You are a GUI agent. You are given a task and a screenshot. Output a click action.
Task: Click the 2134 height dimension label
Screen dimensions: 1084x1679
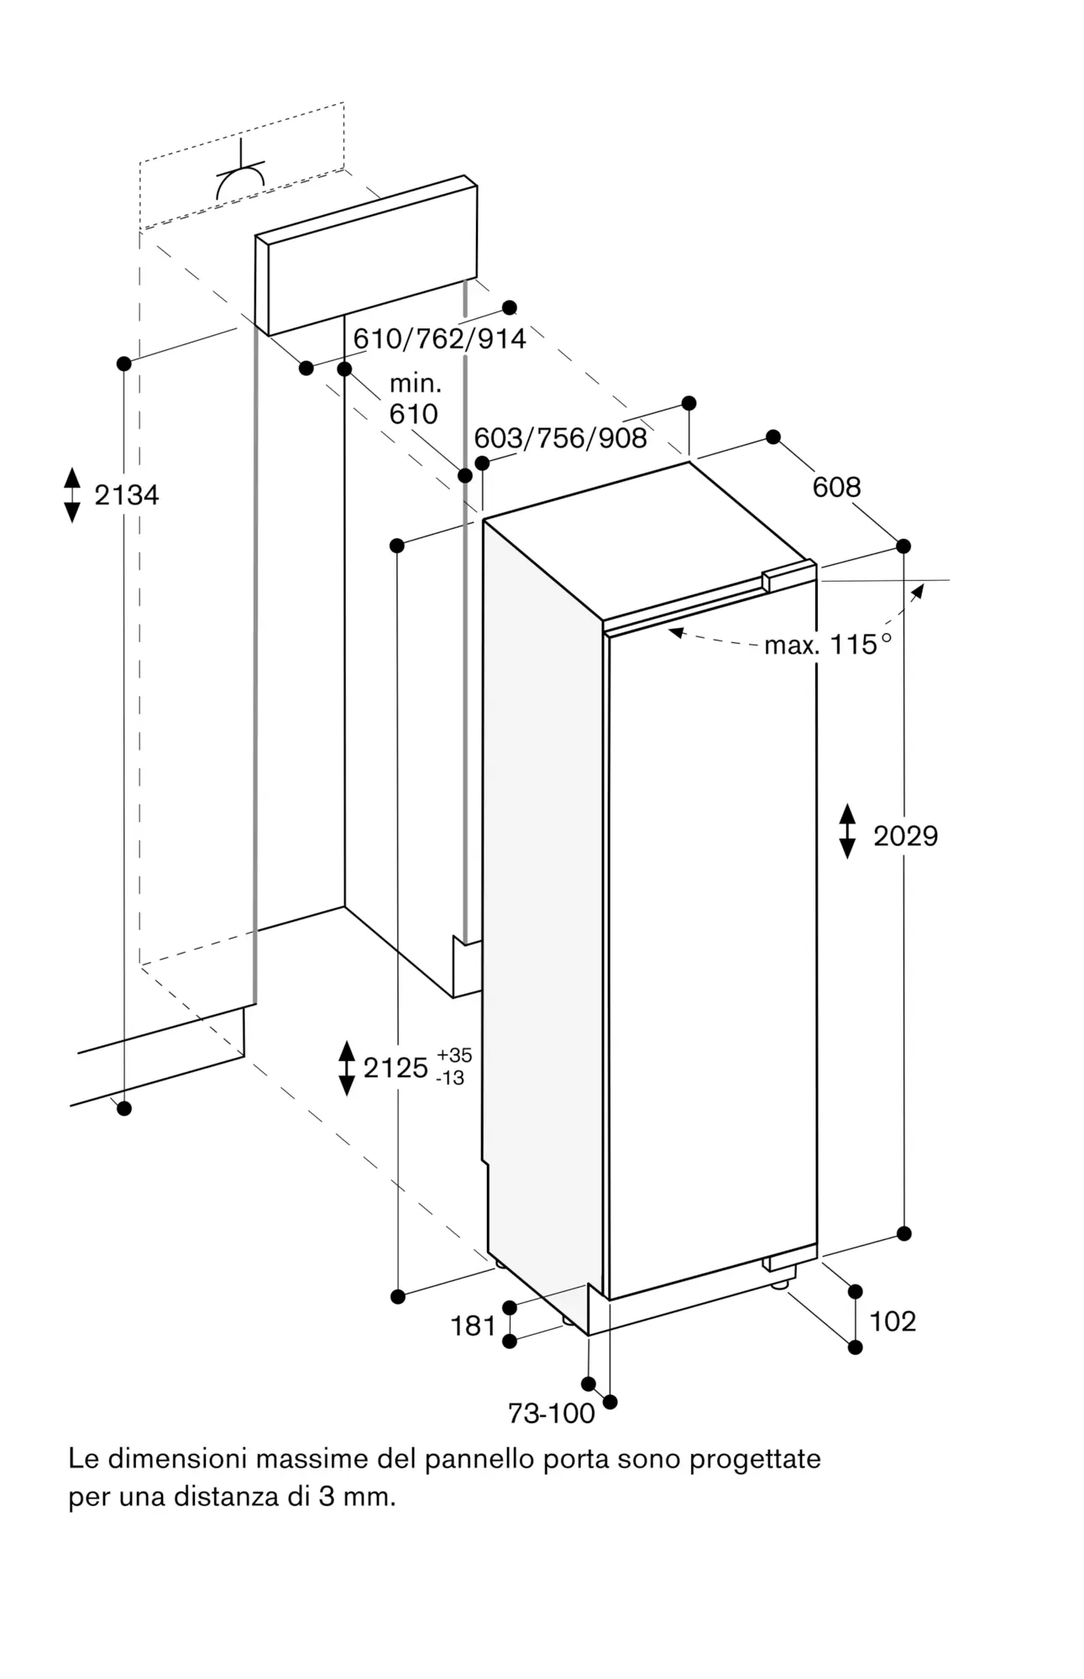pos(127,495)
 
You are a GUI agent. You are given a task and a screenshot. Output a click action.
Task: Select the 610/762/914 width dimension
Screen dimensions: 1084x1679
pos(439,338)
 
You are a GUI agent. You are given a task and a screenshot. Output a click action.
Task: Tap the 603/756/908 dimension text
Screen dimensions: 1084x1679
pos(560,437)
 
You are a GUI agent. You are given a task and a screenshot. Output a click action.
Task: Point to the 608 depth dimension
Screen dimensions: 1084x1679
pos(836,487)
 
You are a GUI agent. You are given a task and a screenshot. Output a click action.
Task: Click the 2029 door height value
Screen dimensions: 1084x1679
pos(905,835)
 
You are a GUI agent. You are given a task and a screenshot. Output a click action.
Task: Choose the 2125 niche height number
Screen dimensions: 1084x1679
pos(395,1068)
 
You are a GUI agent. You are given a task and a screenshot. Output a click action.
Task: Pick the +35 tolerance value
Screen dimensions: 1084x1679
pos(454,1055)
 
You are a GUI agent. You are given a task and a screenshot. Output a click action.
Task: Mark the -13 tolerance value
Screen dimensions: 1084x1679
pos(451,1078)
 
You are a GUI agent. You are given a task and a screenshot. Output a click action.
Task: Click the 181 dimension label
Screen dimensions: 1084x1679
pos(474,1326)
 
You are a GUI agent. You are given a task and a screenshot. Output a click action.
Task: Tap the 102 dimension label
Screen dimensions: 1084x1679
pos(893,1321)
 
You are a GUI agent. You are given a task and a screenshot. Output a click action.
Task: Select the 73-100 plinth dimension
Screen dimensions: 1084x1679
pos(551,1414)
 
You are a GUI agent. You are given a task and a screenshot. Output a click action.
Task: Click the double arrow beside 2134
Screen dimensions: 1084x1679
pos(72,495)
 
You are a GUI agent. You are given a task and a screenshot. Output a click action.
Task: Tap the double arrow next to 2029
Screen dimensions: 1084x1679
pos(847,831)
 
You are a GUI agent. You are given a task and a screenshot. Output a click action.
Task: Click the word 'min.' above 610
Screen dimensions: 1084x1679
pos(415,384)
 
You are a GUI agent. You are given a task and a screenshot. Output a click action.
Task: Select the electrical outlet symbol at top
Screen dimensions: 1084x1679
pos(241,174)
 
